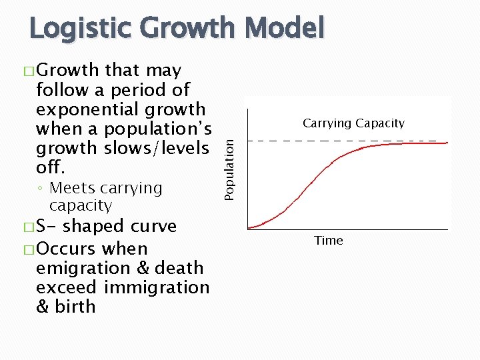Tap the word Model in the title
click(285, 29)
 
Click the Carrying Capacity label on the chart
click(353, 123)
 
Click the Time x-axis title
click(329, 241)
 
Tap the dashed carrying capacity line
click(347, 141)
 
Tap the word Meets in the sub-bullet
click(73, 188)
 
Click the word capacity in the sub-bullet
click(80, 205)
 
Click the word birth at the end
click(76, 307)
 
